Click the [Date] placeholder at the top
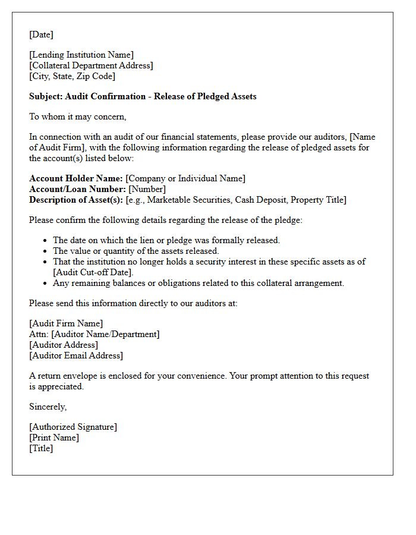click(x=41, y=34)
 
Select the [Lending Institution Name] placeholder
click(x=81, y=55)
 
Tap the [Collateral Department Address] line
click(x=91, y=65)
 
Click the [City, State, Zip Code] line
click(x=72, y=76)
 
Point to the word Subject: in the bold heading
click(x=46, y=96)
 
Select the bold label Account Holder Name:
click(x=76, y=178)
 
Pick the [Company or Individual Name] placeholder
click(x=185, y=178)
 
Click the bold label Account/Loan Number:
click(x=77, y=189)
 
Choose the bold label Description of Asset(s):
click(x=76, y=200)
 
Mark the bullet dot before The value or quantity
click(x=46, y=251)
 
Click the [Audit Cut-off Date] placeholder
click(x=93, y=272)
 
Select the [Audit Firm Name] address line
click(x=66, y=323)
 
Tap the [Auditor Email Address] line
click(x=76, y=355)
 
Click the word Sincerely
click(x=48, y=407)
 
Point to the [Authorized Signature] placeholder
click(x=73, y=427)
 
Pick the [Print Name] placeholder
click(x=54, y=438)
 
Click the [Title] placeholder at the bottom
click(x=41, y=448)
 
